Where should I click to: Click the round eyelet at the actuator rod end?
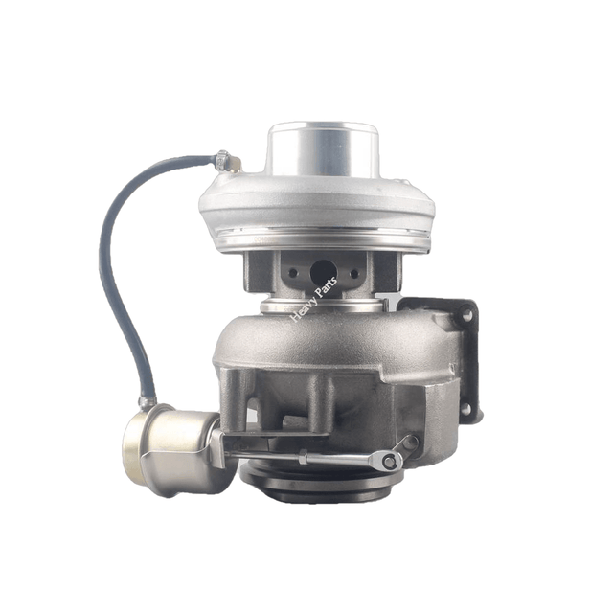pos(389,463)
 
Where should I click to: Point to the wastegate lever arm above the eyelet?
pos(406,445)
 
